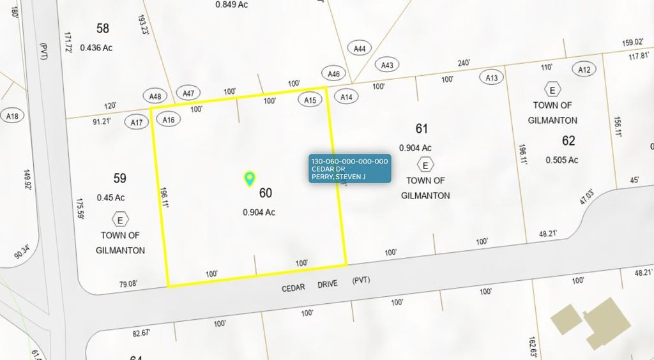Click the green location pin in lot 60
tap(250, 179)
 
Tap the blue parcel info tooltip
tap(349, 169)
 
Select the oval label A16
tap(169, 119)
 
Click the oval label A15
tap(310, 100)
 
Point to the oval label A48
tap(155, 96)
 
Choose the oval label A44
tap(360, 49)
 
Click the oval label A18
tap(12, 116)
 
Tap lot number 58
tap(103, 28)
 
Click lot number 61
tap(422, 129)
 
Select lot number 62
tap(568, 140)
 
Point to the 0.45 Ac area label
tap(110, 197)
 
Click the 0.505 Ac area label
tap(562, 160)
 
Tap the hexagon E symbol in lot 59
tap(119, 220)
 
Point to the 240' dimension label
tap(464, 63)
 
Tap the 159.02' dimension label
tap(632, 43)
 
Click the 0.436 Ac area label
tap(96, 48)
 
